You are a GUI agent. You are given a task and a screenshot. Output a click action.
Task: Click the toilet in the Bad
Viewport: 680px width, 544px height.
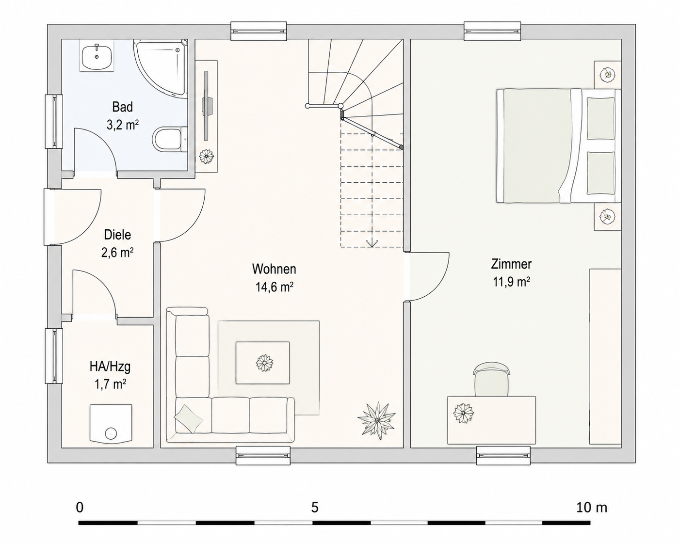pos(170,139)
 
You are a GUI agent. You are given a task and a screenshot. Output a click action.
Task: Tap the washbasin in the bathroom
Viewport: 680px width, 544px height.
pos(97,56)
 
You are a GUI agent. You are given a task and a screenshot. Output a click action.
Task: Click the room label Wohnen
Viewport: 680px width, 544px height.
pos(274,269)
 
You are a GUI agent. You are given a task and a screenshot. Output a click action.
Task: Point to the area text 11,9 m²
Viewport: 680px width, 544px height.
pos(511,282)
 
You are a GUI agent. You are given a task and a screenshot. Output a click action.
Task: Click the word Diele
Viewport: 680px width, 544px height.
pos(117,235)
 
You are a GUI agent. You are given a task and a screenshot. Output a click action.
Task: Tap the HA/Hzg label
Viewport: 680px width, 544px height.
pos(110,367)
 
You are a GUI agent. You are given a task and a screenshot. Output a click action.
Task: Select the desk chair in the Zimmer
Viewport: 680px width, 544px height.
pos(492,379)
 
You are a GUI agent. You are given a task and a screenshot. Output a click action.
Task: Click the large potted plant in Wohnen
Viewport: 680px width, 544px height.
pos(376,420)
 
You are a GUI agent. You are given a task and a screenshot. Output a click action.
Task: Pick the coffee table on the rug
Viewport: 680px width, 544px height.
pos(262,363)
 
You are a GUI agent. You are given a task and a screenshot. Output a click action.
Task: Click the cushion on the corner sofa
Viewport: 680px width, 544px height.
pos(189,419)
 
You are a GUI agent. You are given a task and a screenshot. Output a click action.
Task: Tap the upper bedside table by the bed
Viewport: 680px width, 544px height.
pos(607,75)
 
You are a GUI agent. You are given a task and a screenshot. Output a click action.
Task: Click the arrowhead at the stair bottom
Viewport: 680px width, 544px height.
pos(372,243)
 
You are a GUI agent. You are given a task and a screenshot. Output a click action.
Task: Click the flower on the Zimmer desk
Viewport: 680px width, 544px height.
pos(464,413)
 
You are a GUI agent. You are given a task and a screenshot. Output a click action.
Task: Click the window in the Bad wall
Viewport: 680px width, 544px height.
pos(54,121)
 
